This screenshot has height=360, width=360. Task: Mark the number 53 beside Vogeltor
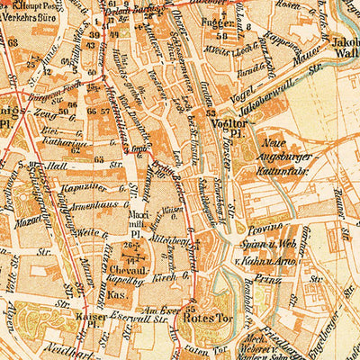click(x=210, y=114)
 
